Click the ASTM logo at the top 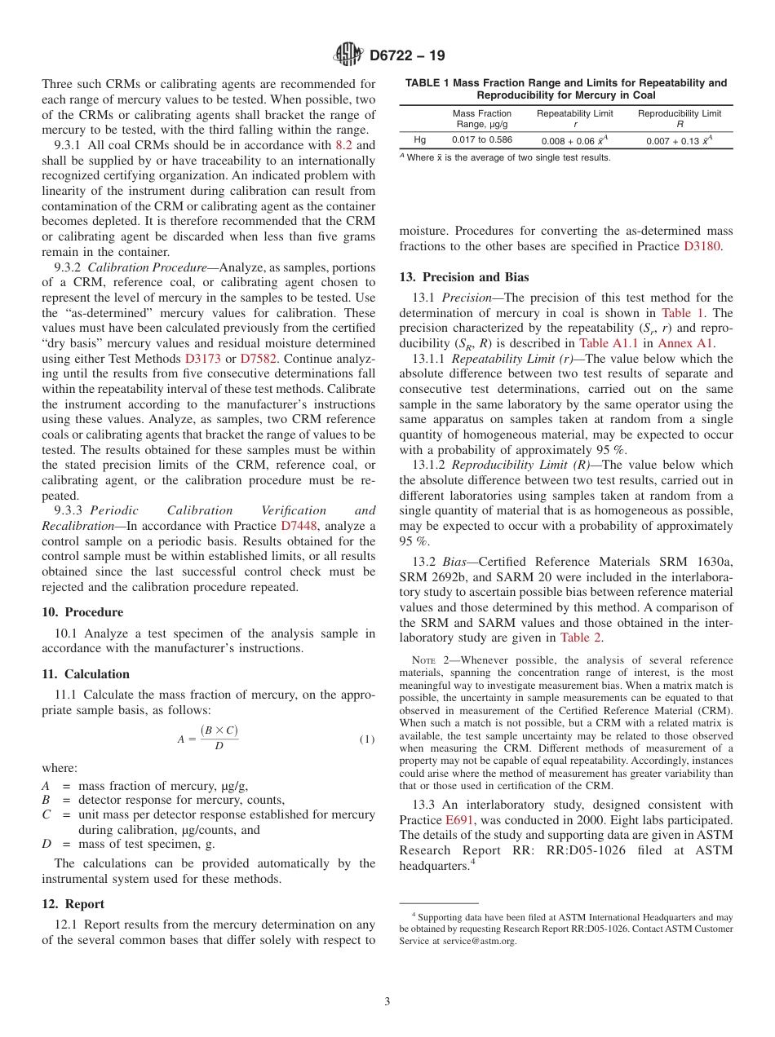point(348,56)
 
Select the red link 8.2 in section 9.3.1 point(343,146)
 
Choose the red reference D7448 point(298,526)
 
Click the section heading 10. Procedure point(82,612)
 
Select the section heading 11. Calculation point(86,674)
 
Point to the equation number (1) point(367,739)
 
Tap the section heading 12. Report point(73,904)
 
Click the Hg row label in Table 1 point(420,139)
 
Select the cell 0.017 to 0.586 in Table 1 point(482,139)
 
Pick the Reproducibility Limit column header point(679,113)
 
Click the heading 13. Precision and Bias point(463,277)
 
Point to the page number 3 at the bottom point(387,1002)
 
